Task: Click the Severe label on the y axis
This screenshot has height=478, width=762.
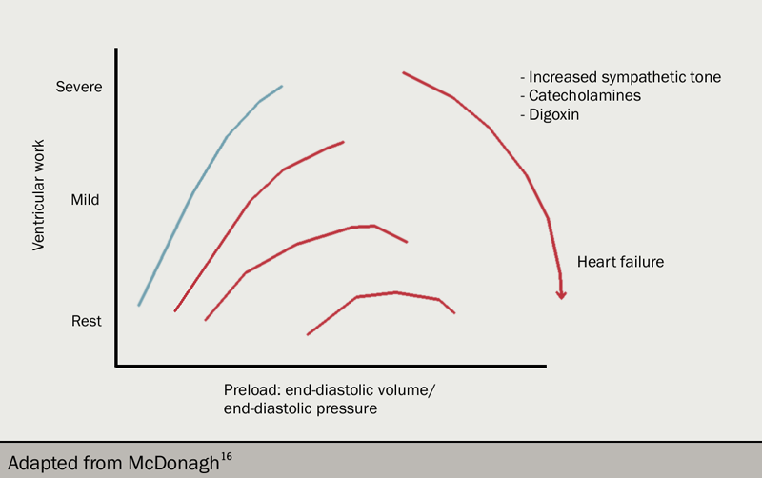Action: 78,87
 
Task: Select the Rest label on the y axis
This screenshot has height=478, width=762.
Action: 86,321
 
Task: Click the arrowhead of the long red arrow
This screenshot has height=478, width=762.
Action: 561,294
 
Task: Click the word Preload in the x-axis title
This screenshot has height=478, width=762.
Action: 251,389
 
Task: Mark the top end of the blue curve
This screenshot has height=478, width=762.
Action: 282,86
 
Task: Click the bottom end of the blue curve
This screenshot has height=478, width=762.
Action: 139,305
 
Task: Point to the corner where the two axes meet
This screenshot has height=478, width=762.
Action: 116,365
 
